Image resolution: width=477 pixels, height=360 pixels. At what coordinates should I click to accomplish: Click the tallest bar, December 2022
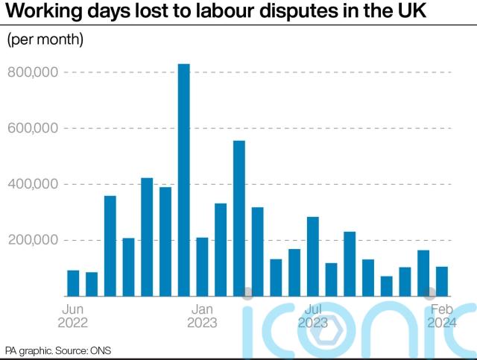click(183, 180)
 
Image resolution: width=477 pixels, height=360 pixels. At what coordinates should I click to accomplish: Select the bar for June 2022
click(73, 282)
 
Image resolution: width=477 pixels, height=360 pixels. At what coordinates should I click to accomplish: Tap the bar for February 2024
click(441, 281)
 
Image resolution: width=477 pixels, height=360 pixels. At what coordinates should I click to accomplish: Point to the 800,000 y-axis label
click(33, 72)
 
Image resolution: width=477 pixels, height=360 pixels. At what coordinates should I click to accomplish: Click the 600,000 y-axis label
click(33, 128)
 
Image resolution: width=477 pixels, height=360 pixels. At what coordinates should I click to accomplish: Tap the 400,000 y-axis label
click(33, 184)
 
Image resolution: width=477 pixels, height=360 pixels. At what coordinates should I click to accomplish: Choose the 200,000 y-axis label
click(33, 240)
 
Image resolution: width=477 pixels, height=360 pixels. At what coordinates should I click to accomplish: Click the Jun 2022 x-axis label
click(73, 315)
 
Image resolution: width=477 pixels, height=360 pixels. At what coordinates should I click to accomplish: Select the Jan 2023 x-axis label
click(202, 315)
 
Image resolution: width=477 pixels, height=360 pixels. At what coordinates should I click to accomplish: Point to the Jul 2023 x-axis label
click(312, 315)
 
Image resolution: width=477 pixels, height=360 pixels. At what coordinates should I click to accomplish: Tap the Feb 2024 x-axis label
click(441, 315)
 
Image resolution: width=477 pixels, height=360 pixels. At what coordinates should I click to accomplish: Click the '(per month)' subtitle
click(45, 40)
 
